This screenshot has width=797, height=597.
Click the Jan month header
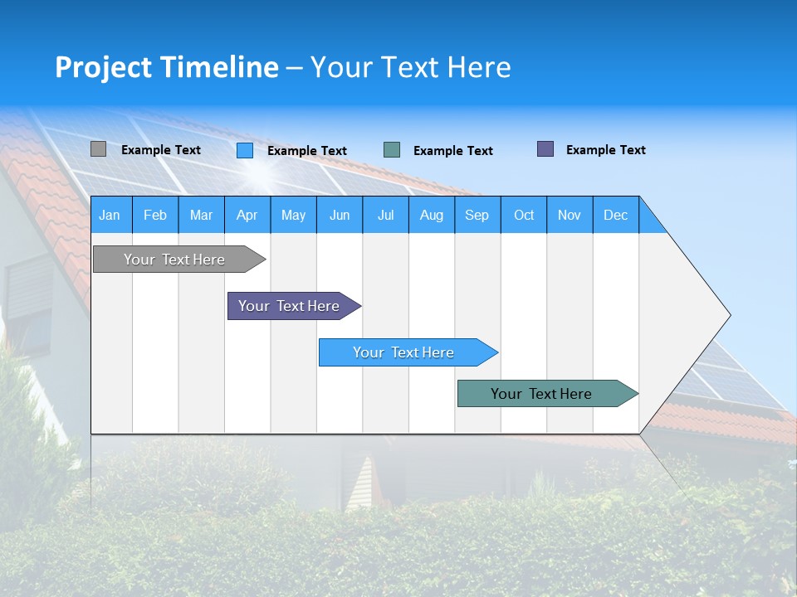[110, 215]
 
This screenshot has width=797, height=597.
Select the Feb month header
[155, 215]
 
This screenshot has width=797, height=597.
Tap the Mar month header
[201, 215]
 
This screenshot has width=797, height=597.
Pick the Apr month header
[247, 215]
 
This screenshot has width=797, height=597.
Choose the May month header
[293, 215]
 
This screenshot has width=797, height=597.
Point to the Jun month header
[340, 215]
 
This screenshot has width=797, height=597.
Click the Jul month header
[385, 215]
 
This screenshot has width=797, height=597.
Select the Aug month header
[432, 215]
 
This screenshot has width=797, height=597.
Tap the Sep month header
[477, 215]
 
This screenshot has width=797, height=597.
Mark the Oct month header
[524, 215]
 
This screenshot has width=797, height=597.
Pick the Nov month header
[570, 215]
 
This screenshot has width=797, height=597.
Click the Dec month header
[616, 215]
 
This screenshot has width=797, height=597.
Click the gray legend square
[99, 149]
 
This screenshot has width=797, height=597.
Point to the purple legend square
[545, 149]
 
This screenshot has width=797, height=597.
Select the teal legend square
[392, 150]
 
